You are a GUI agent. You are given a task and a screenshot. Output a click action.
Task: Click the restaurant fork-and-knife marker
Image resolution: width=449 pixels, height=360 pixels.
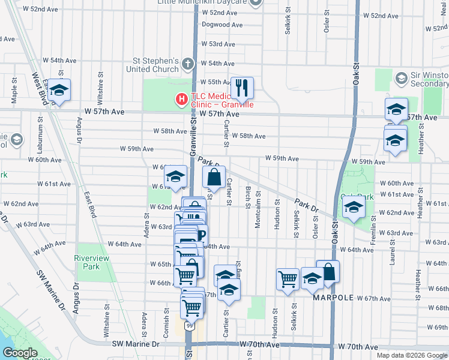click(242, 88)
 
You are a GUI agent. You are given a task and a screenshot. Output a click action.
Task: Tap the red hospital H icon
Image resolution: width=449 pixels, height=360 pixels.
click(180, 99)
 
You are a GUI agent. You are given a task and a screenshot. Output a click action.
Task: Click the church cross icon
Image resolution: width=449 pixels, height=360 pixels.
click(188, 63)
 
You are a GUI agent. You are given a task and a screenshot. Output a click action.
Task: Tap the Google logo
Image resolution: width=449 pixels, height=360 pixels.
click(20, 353)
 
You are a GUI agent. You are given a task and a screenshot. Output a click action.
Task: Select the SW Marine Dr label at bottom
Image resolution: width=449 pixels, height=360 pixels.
click(136, 344)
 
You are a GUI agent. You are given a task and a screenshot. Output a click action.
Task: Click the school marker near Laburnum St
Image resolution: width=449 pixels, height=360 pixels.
click(59, 89)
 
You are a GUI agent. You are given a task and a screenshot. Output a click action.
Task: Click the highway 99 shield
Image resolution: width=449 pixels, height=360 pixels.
click(190, 326)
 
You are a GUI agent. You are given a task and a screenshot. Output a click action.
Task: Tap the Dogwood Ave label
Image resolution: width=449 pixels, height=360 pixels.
click(222, 25)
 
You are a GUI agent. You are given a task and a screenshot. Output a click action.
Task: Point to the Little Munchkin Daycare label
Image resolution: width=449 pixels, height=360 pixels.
click(202, 2)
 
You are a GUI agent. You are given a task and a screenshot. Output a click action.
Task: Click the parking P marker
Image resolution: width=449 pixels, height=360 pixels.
click(200, 235)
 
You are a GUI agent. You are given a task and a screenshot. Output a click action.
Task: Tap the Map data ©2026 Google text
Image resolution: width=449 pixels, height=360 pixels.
click(411, 355)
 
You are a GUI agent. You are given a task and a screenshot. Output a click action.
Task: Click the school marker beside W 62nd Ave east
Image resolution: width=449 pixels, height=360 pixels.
click(354, 208)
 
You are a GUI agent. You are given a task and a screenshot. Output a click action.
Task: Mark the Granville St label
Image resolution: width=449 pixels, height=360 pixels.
click(193, 137)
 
